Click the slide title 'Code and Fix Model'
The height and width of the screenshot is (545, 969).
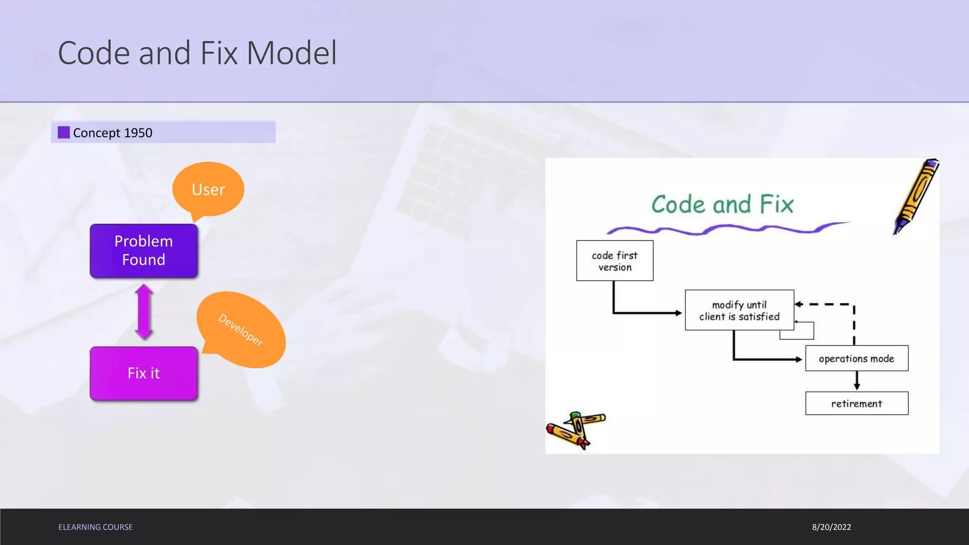[x=197, y=53]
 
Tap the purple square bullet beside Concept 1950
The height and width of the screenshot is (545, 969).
[x=64, y=132]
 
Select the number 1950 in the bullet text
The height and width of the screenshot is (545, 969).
[x=138, y=133]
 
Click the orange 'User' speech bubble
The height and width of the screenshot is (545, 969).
[x=208, y=189]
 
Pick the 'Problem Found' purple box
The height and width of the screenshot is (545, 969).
[x=144, y=251]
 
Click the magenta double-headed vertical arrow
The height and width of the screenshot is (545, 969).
[x=144, y=312]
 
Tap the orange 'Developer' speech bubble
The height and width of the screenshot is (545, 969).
[x=241, y=330]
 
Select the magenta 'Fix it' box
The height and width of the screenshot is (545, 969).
[x=144, y=373]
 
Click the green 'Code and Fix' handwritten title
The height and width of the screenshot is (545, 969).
[x=722, y=204]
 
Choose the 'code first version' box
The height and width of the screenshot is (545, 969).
[x=615, y=261]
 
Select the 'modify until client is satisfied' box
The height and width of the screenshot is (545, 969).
[x=739, y=310]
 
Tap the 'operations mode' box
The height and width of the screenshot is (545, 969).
[x=856, y=359]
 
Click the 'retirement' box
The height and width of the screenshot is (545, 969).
[x=856, y=404]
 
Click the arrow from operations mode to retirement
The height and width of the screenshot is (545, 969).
[x=857, y=380]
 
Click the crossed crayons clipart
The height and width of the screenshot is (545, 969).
[x=575, y=430]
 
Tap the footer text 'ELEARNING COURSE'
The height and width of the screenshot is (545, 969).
[x=96, y=527]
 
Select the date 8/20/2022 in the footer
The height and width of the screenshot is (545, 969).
[x=831, y=527]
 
